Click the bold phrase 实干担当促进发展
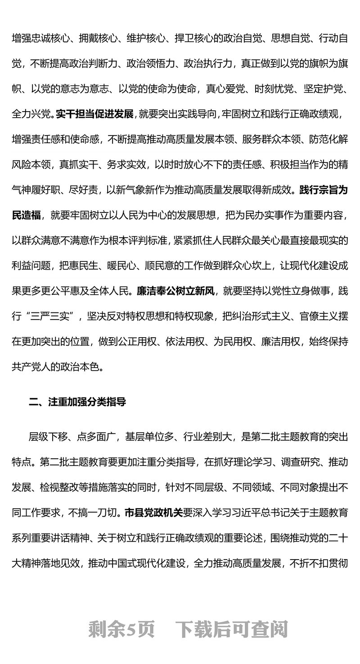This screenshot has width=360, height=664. click(94, 114)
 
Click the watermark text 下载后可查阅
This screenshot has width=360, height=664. click(231, 629)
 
